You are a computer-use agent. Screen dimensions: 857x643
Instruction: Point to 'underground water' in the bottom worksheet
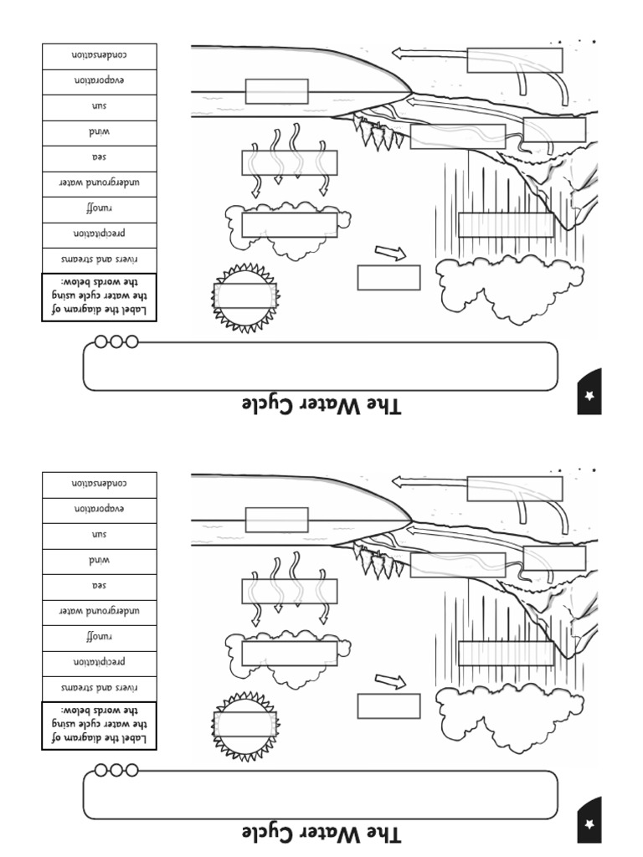(x=100, y=611)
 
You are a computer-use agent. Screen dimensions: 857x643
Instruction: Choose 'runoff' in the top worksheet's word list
(x=100, y=208)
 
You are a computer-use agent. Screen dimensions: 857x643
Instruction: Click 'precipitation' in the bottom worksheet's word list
(x=100, y=662)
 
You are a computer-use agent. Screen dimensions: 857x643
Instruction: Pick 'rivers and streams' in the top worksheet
(x=100, y=259)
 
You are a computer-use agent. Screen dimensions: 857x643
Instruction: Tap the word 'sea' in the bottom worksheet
(x=100, y=586)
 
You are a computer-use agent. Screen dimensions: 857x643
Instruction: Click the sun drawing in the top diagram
(x=244, y=297)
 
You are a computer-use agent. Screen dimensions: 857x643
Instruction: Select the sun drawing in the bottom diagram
(x=244, y=726)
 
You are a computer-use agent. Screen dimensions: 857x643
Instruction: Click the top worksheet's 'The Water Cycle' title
(x=321, y=406)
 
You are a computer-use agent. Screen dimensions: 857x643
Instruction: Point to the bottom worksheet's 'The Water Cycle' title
(x=321, y=834)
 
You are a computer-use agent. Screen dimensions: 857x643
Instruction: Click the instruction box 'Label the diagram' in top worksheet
(x=100, y=297)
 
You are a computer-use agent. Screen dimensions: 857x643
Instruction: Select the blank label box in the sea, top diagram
(x=276, y=91)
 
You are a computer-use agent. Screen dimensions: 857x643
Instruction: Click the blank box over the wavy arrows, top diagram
(x=290, y=162)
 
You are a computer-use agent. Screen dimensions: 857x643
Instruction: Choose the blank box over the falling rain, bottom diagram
(x=507, y=653)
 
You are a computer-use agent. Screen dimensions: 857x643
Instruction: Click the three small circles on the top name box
(x=116, y=341)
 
